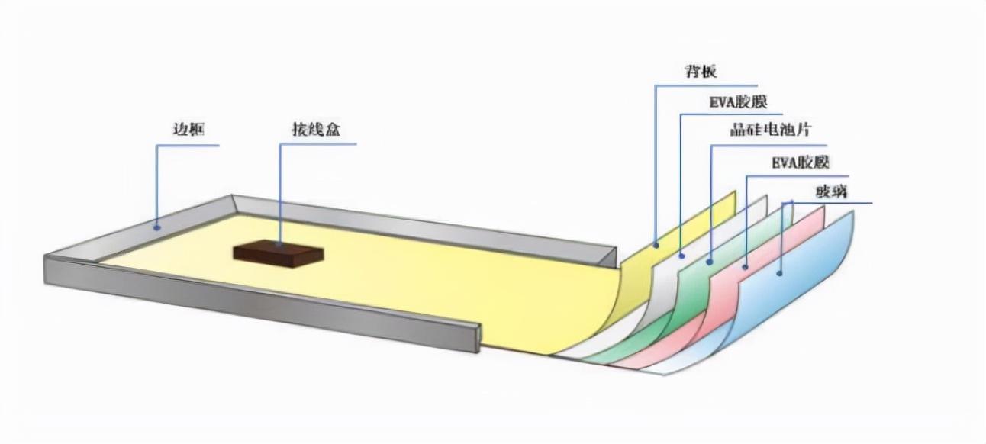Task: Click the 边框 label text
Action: click(188, 130)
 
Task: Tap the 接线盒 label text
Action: click(317, 129)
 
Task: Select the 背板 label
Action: click(701, 71)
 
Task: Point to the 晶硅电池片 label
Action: click(770, 130)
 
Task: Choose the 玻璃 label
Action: click(832, 191)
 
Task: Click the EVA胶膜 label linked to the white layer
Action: click(738, 102)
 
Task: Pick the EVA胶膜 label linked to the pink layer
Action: click(801, 162)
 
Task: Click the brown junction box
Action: click(279, 254)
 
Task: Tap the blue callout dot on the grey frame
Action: click(156, 227)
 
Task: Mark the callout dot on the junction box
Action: click(279, 243)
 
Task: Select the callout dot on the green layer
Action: click(710, 262)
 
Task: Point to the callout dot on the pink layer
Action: click(745, 267)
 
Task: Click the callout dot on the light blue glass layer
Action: click(779, 273)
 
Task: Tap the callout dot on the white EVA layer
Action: click(681, 256)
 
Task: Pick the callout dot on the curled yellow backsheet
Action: click(656, 245)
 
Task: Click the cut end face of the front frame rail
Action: click(479, 338)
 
